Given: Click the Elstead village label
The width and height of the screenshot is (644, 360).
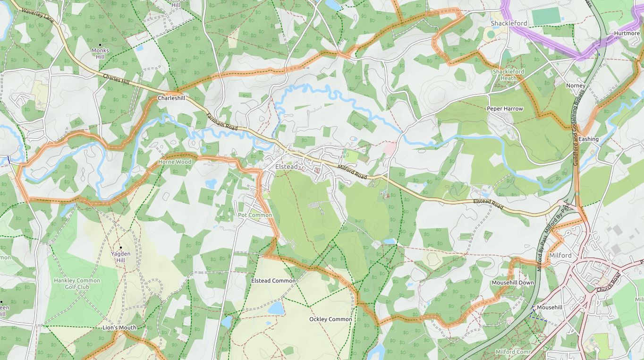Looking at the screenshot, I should point(287,167).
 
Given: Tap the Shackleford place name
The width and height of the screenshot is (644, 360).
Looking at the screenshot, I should point(508,23).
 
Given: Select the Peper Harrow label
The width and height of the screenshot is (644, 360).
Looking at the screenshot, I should point(505,109).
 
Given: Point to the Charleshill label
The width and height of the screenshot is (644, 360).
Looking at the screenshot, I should point(171,98).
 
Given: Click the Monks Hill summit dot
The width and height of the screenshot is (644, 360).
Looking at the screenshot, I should point(100,45).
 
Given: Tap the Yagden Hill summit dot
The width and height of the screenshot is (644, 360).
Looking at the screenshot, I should point(120,248).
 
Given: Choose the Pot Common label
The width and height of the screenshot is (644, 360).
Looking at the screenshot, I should point(255,215).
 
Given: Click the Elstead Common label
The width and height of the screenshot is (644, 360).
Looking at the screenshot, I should point(273,281).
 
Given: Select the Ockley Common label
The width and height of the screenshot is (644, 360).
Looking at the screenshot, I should point(330,319).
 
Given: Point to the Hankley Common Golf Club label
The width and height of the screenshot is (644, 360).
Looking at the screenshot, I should point(77,283).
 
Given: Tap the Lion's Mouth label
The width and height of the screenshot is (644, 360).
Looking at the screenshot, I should point(119,327).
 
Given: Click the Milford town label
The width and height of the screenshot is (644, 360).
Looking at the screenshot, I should point(560,256).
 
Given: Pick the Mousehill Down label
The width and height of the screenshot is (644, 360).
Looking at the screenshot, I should point(513,283).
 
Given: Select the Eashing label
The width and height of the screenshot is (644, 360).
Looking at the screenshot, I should point(588,139).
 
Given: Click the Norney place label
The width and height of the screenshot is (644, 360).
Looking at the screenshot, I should point(576,86).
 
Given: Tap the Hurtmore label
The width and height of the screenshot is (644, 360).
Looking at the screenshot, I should point(627,34).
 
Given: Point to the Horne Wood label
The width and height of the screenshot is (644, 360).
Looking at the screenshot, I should point(175,162).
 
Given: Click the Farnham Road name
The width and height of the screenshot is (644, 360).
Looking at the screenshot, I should point(221,121).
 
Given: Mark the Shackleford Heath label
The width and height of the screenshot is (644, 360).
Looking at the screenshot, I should point(508,75).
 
